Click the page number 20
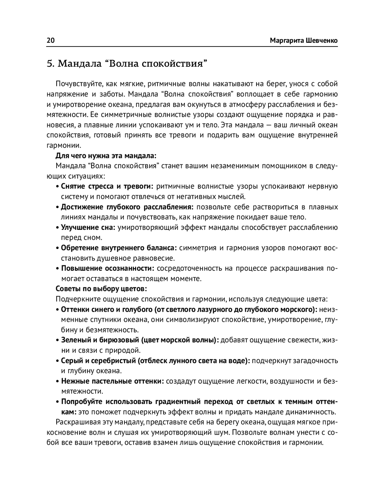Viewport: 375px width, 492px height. tap(51, 40)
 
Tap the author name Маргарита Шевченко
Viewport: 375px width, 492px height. tap(304, 40)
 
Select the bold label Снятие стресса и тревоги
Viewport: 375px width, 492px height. tap(107, 186)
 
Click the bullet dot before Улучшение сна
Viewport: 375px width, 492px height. tap(57, 228)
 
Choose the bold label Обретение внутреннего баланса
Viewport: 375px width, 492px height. tap(118, 248)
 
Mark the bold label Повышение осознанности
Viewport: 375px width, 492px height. tap(108, 268)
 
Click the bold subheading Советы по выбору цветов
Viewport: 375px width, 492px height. tap(101, 289)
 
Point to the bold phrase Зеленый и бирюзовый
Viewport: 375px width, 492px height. tap(100, 340)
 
